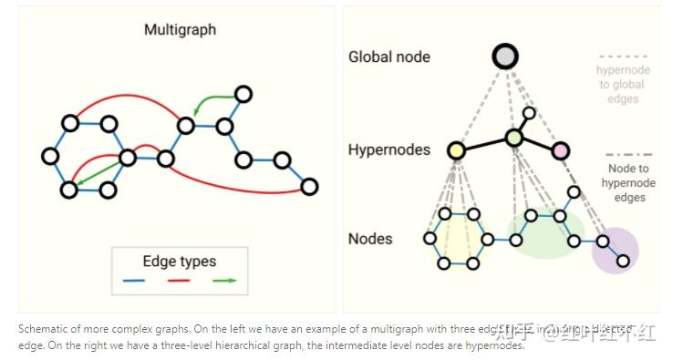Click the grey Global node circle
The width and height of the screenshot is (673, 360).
coord(505,57)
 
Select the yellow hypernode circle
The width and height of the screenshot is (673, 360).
coord(457,150)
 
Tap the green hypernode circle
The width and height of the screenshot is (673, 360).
coord(513,138)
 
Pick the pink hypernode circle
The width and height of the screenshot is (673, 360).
coord(560,150)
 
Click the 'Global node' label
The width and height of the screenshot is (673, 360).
coord(389,57)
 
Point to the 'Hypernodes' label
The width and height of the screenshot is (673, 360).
coord(389,149)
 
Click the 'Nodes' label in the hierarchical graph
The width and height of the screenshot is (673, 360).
coord(370,239)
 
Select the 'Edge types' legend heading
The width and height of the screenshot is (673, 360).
coord(179,261)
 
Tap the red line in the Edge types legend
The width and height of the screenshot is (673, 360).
coord(179,281)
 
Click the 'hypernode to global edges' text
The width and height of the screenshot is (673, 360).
coord(620,85)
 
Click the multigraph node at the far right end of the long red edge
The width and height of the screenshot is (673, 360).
coord(309,187)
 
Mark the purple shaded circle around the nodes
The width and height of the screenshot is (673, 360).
coord(615,248)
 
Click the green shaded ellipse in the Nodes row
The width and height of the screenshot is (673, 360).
coord(545,233)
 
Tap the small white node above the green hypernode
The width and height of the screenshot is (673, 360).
coord(528,113)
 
